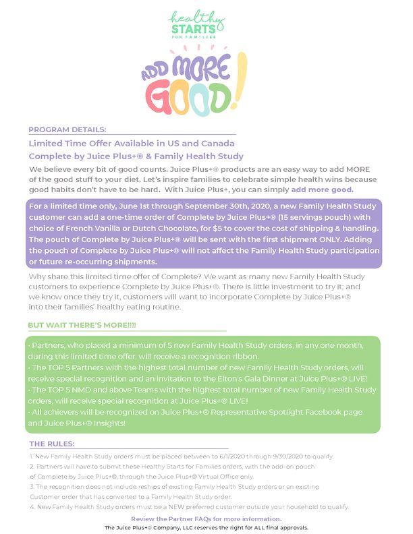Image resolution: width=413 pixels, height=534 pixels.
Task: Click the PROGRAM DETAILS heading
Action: (67, 129)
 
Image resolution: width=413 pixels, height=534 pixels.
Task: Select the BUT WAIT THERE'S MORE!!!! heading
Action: (82, 326)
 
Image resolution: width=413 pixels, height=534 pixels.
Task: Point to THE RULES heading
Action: (52, 444)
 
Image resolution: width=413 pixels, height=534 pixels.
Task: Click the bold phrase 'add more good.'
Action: (322, 190)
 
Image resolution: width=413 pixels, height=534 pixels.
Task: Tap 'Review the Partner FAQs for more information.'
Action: (206, 518)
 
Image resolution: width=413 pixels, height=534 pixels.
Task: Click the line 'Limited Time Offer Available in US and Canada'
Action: (132, 143)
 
